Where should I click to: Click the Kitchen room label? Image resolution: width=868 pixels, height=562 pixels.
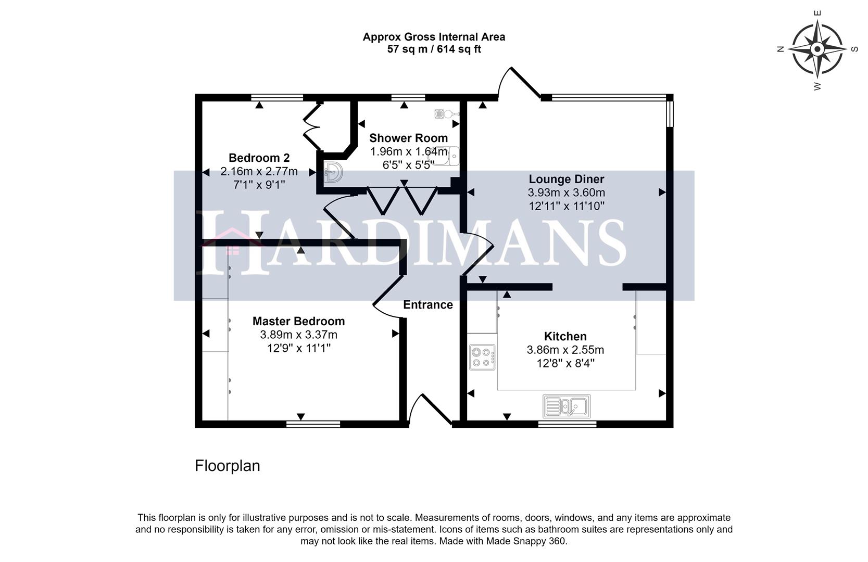pos(565,336)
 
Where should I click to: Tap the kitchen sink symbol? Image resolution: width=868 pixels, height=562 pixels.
pos(567,406)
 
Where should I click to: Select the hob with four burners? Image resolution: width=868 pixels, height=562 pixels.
pos(482,357)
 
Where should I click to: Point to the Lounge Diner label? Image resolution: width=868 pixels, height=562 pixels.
pos(567,179)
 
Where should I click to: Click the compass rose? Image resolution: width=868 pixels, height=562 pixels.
pos(817,49)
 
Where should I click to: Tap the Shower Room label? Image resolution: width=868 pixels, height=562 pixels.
pos(408,138)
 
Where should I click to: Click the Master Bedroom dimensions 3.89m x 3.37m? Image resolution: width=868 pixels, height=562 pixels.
pos(298,335)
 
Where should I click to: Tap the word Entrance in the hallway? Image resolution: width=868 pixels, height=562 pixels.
pos(428,305)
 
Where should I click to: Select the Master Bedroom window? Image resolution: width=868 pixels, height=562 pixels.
pos(313,425)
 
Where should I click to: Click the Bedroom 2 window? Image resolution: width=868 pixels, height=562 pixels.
pos(276,97)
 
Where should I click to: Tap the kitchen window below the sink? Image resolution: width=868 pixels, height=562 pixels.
pos(567,425)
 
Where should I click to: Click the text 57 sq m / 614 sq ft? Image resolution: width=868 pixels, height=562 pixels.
pos(434,49)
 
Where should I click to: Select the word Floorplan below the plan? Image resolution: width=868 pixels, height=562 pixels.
pos(228,466)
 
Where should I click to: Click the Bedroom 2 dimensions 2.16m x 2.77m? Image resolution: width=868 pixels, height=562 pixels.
pos(259,171)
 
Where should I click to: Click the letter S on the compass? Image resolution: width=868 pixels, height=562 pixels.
pos(854,49)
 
